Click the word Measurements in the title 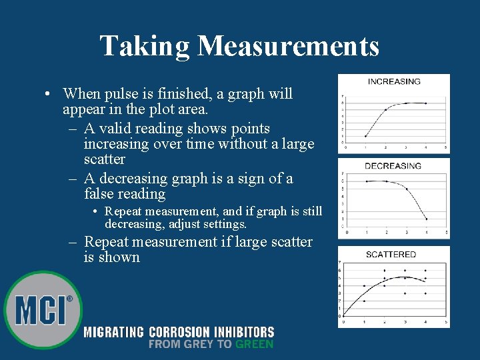pyautogui.click(x=289, y=46)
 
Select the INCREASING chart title pyautogui.click(x=394, y=81)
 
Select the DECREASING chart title pyautogui.click(x=393, y=165)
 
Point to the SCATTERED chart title pyautogui.click(x=391, y=254)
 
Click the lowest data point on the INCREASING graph pyautogui.click(x=365, y=136)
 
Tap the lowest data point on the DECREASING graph pyautogui.click(x=426, y=219)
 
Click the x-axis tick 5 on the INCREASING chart pyautogui.click(x=445, y=147)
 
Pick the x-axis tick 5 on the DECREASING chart pyautogui.click(x=445, y=232)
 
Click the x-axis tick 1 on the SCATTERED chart pyautogui.click(x=364, y=322)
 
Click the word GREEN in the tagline pyautogui.click(x=254, y=344)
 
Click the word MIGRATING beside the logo pyautogui.click(x=114, y=331)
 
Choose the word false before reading pyautogui.click(x=99, y=194)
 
